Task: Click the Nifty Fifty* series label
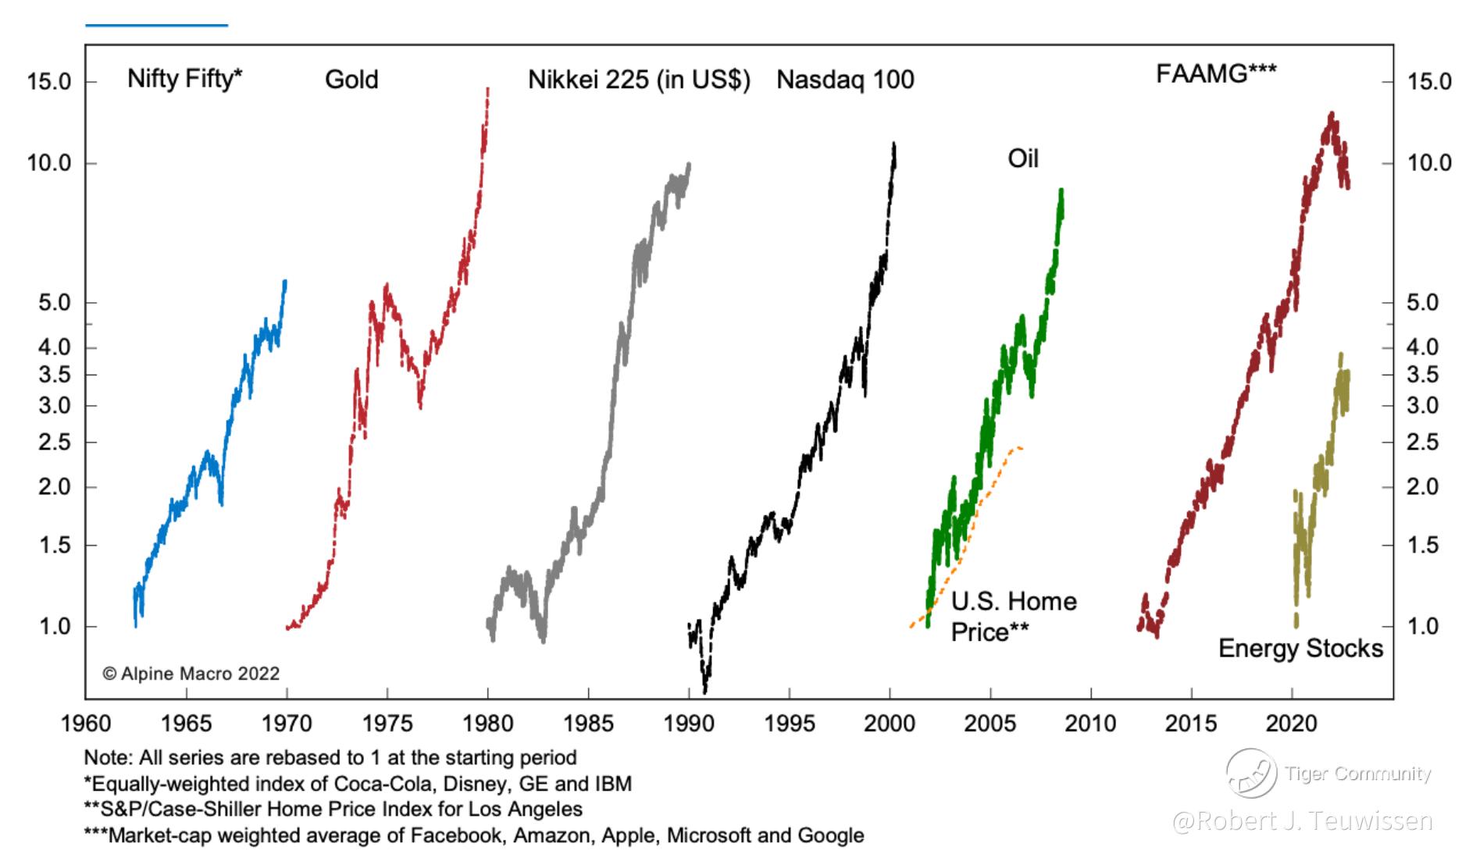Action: click(x=185, y=79)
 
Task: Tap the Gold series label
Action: click(x=351, y=80)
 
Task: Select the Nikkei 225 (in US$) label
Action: click(x=639, y=80)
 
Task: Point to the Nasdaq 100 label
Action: click(x=845, y=80)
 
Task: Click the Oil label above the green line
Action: click(x=1023, y=158)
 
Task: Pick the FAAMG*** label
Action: click(x=1216, y=73)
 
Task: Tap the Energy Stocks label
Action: click(x=1300, y=648)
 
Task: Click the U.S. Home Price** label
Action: click(x=1013, y=616)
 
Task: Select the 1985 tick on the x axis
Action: click(x=588, y=724)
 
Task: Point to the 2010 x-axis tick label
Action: click(x=1090, y=724)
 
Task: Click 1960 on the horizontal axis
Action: click(x=86, y=724)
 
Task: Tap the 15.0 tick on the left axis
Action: click(x=49, y=82)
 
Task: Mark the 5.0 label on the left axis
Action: click(x=55, y=303)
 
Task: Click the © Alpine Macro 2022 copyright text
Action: click(x=191, y=674)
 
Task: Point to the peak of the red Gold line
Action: click(x=487, y=89)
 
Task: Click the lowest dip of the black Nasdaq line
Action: click(x=705, y=690)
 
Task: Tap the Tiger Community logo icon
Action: click(x=1250, y=773)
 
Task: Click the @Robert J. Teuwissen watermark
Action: click(x=1302, y=820)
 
